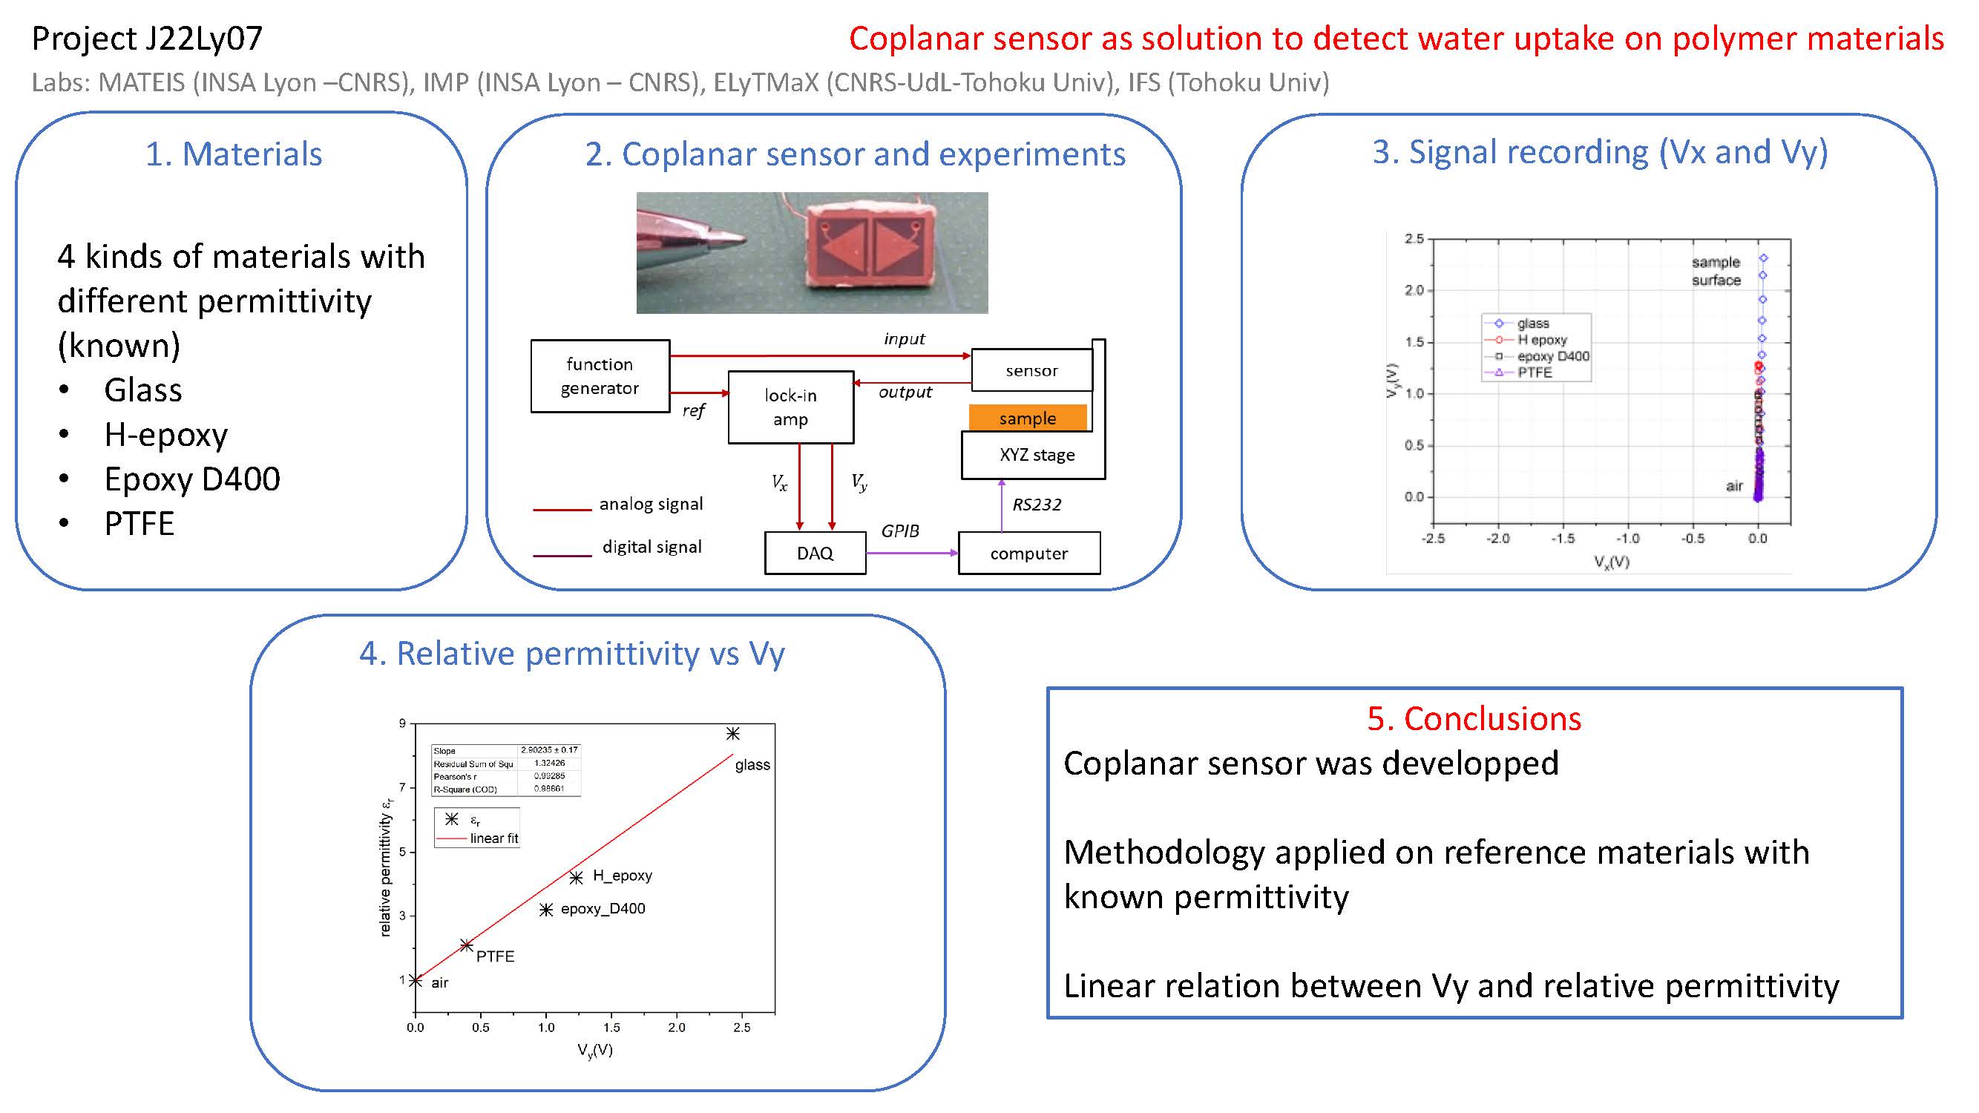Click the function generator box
600,375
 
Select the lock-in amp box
790,407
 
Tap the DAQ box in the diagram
815,552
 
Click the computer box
1028,552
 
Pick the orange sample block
1028,418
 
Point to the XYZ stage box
1034,455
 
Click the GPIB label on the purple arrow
899,531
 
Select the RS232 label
1037,504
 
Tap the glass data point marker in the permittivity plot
733,734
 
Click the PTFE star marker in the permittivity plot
466,945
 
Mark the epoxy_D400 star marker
546,910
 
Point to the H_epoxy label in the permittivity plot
623,875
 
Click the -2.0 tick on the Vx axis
1498,539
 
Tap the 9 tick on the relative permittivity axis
401,723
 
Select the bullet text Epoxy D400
192,479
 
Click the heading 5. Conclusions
1474,718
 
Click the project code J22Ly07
204,39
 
